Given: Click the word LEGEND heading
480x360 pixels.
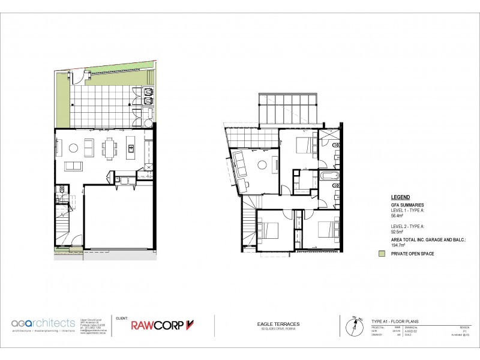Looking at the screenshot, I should [401, 197].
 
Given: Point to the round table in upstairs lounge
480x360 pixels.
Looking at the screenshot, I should [262, 166].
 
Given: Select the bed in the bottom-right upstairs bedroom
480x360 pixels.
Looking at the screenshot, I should [324, 229].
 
